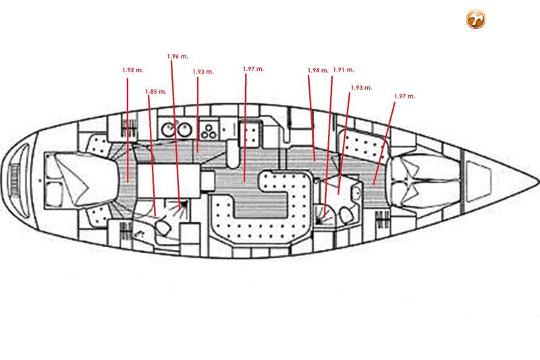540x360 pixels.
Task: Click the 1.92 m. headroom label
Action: (x=133, y=70)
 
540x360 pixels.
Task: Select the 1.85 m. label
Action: (x=156, y=92)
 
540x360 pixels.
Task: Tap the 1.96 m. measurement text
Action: (x=178, y=56)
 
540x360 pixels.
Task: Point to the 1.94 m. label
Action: (x=318, y=70)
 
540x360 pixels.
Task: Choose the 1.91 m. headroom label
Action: (x=344, y=70)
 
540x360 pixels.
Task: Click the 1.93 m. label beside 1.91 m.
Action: (x=361, y=88)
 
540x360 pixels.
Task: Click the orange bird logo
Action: (x=476, y=19)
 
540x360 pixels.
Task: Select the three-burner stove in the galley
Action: (x=209, y=130)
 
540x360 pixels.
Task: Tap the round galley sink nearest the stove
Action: (x=184, y=130)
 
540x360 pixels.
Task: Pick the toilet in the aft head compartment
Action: (x=163, y=228)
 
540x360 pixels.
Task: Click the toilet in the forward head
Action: (x=346, y=215)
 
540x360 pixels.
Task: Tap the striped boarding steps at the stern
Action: (x=14, y=179)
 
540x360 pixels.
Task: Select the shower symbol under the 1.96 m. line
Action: (x=183, y=205)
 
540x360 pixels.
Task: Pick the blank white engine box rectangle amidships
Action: (x=168, y=181)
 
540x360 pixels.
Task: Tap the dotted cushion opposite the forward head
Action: (x=363, y=144)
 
